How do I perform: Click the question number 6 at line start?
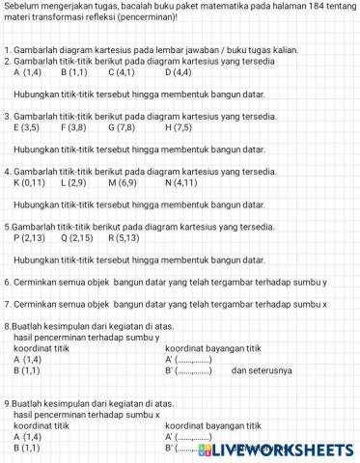coord(7,283)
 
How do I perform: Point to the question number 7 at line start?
coord(7,304)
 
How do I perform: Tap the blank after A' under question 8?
coord(193,359)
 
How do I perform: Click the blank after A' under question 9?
coord(193,437)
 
